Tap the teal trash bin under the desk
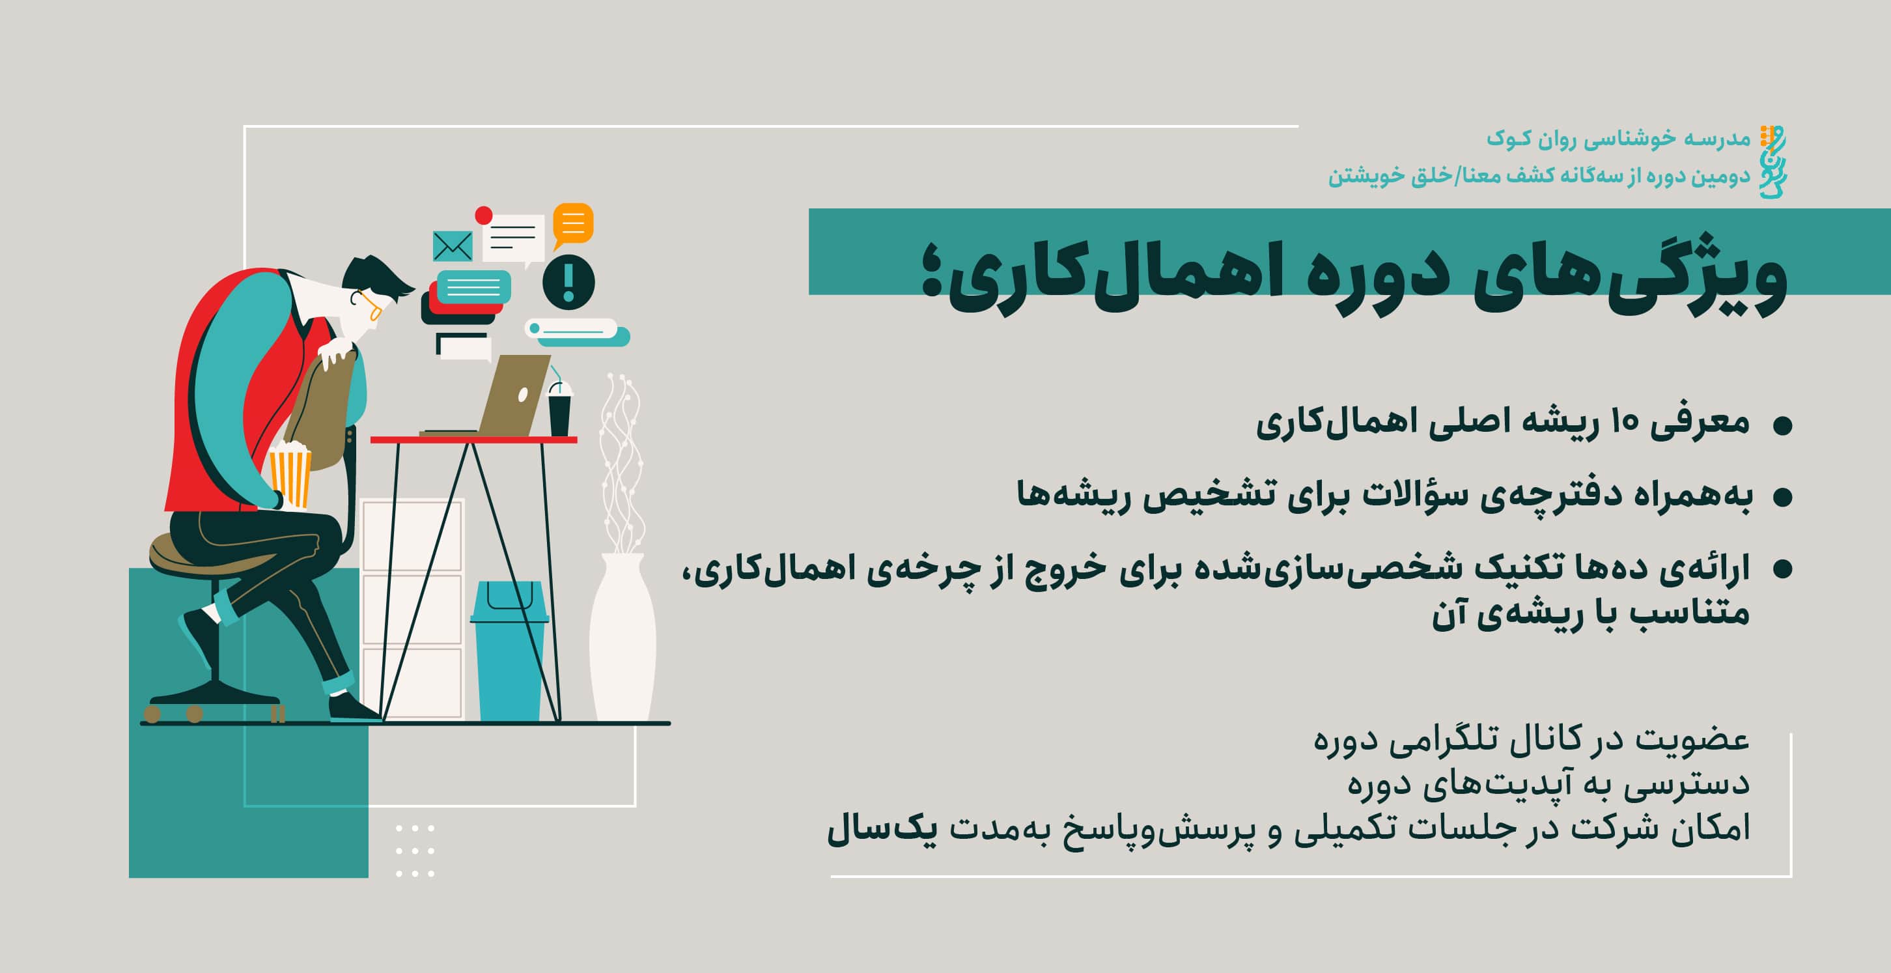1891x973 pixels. pyautogui.click(x=509, y=651)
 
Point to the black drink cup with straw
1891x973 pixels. pyautogui.click(x=559, y=408)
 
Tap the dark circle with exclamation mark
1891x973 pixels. pyautogui.click(x=568, y=282)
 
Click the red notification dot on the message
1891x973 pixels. pyautogui.click(x=483, y=215)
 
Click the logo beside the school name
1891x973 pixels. pyautogui.click(x=1772, y=162)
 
